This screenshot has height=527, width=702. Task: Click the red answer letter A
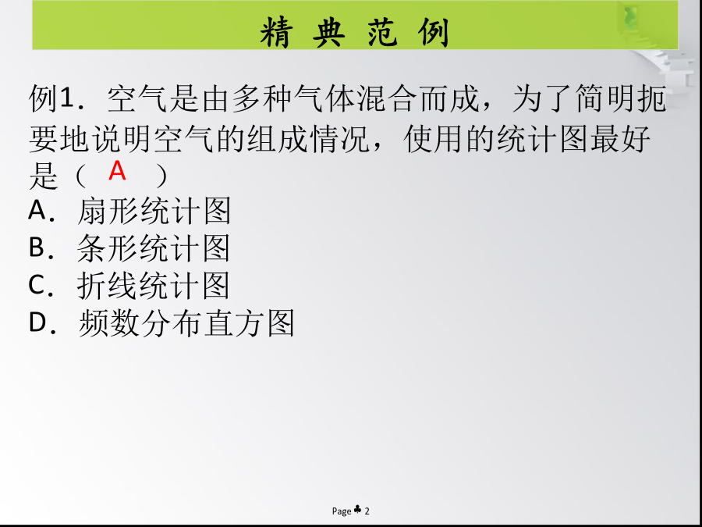coord(117,171)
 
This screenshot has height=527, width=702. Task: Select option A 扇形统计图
coord(129,211)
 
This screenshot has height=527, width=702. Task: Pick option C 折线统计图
coord(129,286)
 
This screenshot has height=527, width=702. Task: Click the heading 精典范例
coord(355,32)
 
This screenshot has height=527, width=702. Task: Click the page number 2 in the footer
coord(367,511)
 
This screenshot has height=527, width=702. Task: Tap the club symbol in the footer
coord(358,510)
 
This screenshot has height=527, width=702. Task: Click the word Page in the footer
coord(342,511)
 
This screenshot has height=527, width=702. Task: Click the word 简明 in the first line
coord(605,99)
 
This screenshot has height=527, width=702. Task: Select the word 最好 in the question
coord(621,139)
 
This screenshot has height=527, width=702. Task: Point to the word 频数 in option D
coord(108,323)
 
